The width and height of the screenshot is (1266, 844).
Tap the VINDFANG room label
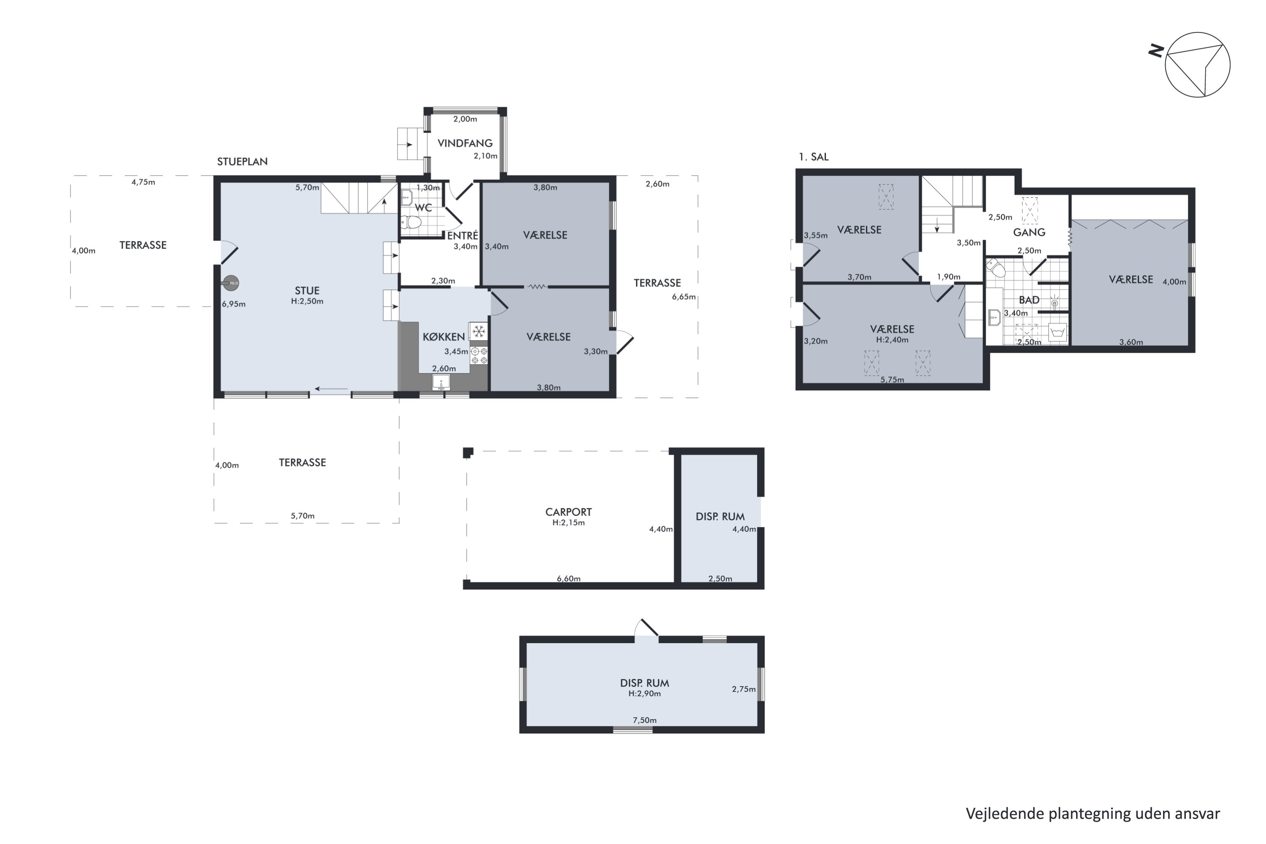[465, 143]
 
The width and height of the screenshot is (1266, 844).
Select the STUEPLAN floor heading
[242, 162]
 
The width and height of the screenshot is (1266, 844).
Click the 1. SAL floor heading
[813, 157]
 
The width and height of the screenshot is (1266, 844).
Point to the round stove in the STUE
[231, 283]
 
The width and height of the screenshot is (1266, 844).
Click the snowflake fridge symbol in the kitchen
[479, 331]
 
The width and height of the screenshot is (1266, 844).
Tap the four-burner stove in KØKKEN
[479, 356]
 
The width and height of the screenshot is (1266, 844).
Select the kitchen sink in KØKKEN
[441, 382]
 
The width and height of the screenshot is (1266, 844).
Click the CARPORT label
[568, 512]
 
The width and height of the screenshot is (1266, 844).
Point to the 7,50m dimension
[644, 720]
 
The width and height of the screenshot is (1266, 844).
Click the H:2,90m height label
[644, 694]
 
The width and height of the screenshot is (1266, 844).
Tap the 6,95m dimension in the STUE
[234, 304]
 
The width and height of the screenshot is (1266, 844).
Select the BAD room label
[1029, 300]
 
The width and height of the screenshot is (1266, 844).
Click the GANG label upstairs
[1029, 233]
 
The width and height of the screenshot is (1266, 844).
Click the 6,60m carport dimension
[568, 579]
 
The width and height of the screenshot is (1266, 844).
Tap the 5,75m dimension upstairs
[892, 379]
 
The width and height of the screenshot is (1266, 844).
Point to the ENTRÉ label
[463, 236]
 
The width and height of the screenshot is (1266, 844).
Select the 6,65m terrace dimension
[684, 297]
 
